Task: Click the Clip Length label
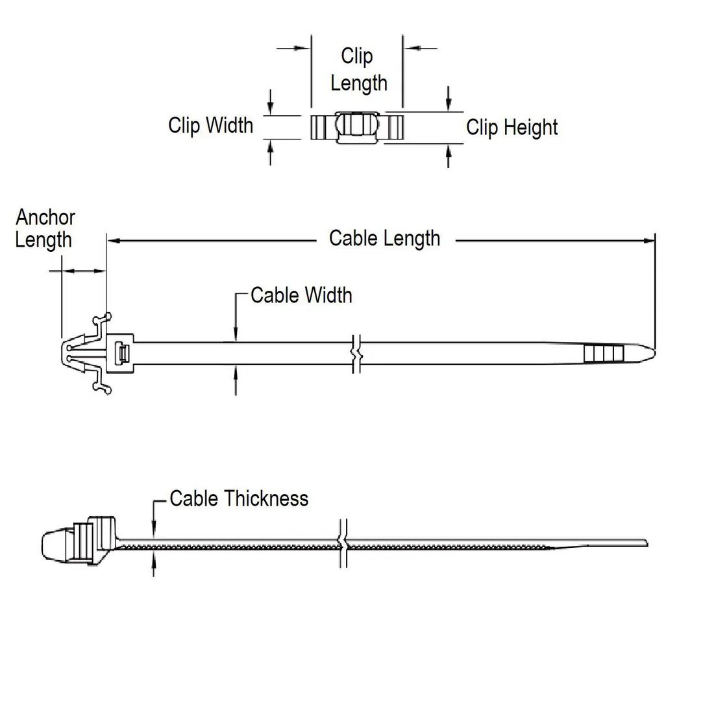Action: (x=358, y=69)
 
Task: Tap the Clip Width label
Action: (x=210, y=125)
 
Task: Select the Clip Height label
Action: (x=511, y=127)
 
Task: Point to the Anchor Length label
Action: (x=45, y=228)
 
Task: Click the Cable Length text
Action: (x=384, y=238)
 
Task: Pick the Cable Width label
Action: (x=301, y=295)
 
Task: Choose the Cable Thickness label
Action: (x=239, y=499)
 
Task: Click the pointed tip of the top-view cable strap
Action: (x=651, y=354)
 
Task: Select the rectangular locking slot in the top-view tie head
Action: (x=121, y=354)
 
